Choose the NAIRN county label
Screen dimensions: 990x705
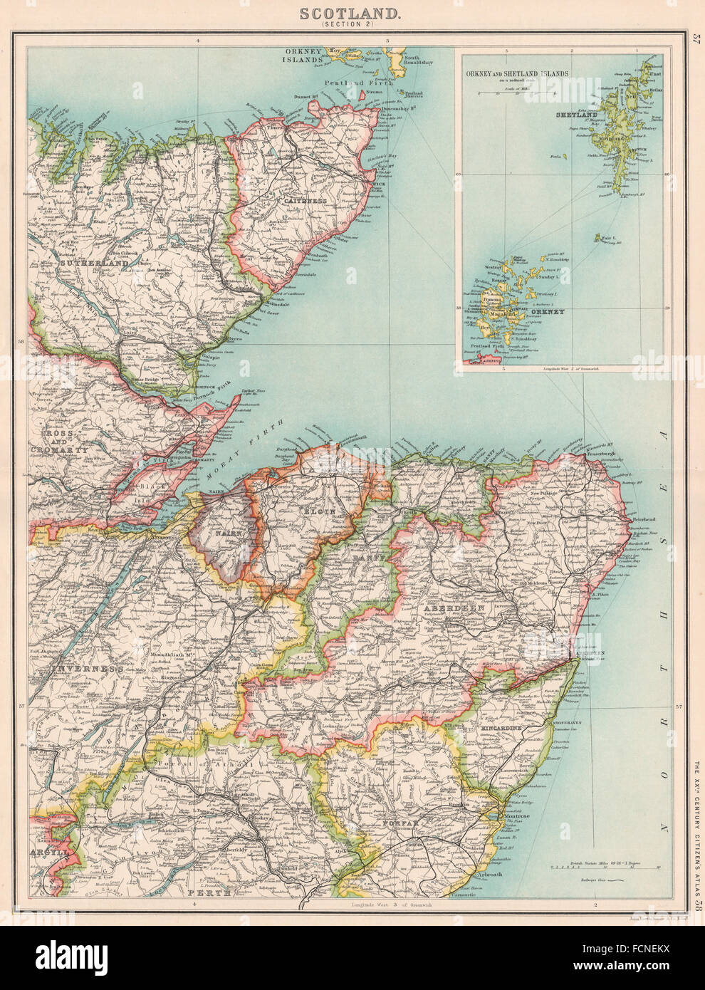pyautogui.click(x=226, y=532)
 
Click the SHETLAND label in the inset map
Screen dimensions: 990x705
pyautogui.click(x=576, y=115)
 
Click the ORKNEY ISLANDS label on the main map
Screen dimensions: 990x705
pyautogui.click(x=305, y=56)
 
